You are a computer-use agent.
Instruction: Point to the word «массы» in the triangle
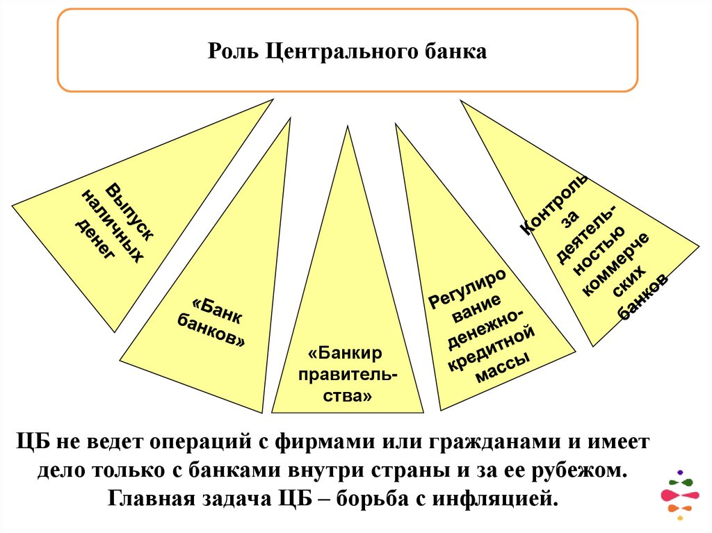[503, 366]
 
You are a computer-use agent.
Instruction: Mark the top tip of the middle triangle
[347, 126]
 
